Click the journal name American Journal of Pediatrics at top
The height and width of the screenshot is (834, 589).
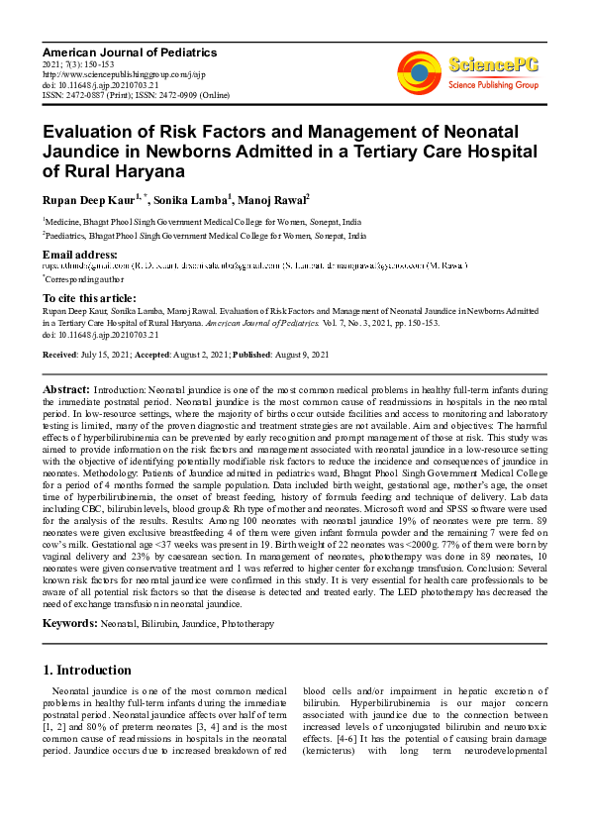coord(129,52)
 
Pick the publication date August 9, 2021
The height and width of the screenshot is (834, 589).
coord(300,355)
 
